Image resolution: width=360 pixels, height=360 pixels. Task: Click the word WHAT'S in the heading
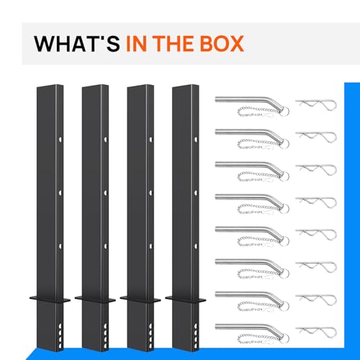click(x=77, y=43)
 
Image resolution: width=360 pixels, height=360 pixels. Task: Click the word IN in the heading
click(x=137, y=43)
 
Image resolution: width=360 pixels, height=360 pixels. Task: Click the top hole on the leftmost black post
click(x=60, y=139)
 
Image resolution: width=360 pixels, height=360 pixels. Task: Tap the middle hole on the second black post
click(x=105, y=192)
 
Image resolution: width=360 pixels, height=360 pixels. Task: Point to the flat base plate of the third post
click(x=140, y=300)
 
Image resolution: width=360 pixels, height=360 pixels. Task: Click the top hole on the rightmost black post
click(x=196, y=139)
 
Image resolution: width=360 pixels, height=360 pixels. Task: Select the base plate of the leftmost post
click(x=50, y=300)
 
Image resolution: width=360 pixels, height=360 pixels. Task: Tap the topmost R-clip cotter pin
click(x=316, y=104)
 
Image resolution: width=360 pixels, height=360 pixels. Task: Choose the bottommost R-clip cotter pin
click(x=316, y=332)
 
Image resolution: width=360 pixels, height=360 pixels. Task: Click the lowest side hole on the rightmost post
click(x=195, y=346)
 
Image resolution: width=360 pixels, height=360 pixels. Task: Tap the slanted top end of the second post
click(x=95, y=86)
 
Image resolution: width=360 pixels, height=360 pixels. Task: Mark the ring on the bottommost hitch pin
click(x=285, y=338)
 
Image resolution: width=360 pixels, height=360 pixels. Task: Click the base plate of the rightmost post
click(x=186, y=300)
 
